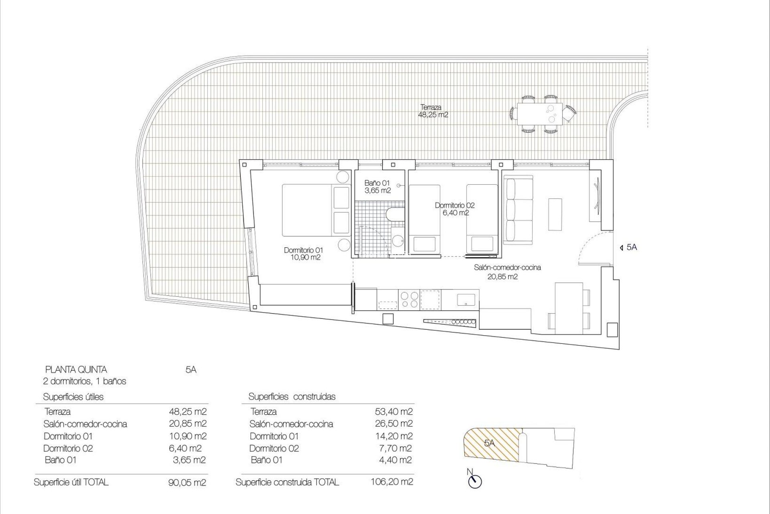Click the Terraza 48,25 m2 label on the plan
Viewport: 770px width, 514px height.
(x=433, y=111)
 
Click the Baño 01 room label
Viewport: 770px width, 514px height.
(x=377, y=187)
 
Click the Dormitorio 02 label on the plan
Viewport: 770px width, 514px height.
(x=455, y=209)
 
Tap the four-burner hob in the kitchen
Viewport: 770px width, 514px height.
(x=409, y=299)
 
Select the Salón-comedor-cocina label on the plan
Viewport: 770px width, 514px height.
(x=507, y=271)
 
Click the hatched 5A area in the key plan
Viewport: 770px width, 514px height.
(x=491, y=443)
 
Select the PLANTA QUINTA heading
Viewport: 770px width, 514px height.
(x=76, y=369)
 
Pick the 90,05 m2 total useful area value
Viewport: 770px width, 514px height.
(x=187, y=482)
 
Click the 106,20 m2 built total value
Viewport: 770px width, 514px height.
(x=392, y=481)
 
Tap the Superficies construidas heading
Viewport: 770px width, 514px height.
(x=292, y=397)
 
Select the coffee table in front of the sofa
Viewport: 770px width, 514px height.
(x=555, y=214)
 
